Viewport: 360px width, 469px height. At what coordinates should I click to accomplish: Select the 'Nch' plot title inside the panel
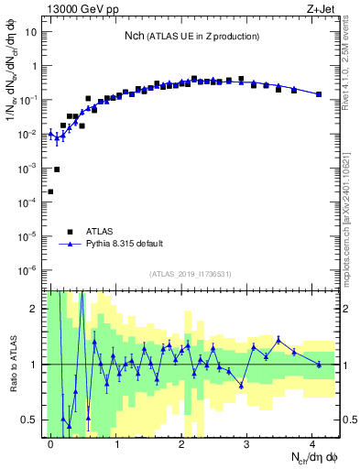coord(191,36)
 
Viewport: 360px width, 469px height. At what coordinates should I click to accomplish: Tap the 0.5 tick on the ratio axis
coord(33,420)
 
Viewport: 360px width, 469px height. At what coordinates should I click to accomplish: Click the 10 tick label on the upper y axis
coord(32,31)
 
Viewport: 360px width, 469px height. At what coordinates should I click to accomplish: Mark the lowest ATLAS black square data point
coord(50,191)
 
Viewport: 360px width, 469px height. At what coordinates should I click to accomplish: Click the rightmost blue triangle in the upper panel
coord(319,94)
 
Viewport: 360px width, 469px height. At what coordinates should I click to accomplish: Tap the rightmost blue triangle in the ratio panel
coord(319,365)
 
